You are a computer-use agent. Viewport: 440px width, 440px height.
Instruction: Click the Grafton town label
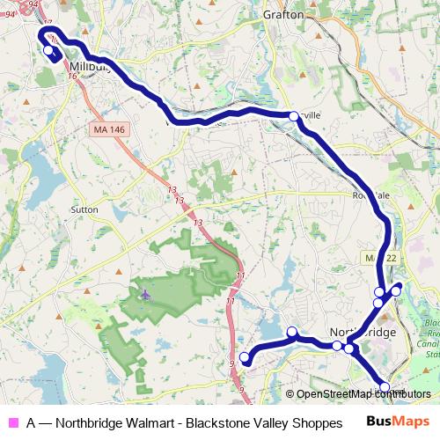pos(282,15)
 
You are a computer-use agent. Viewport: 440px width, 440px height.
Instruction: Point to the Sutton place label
pos(83,210)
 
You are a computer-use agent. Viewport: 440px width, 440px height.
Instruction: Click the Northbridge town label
pos(363,333)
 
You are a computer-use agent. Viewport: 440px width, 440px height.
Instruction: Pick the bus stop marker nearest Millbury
pos(48,50)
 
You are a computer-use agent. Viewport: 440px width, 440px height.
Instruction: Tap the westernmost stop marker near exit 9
pos(245,357)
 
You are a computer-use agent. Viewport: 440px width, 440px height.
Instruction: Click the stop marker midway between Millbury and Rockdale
pos(294,115)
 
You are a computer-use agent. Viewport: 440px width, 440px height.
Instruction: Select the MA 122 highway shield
pos(375,256)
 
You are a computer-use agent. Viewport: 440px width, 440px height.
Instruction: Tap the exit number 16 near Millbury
pos(69,77)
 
